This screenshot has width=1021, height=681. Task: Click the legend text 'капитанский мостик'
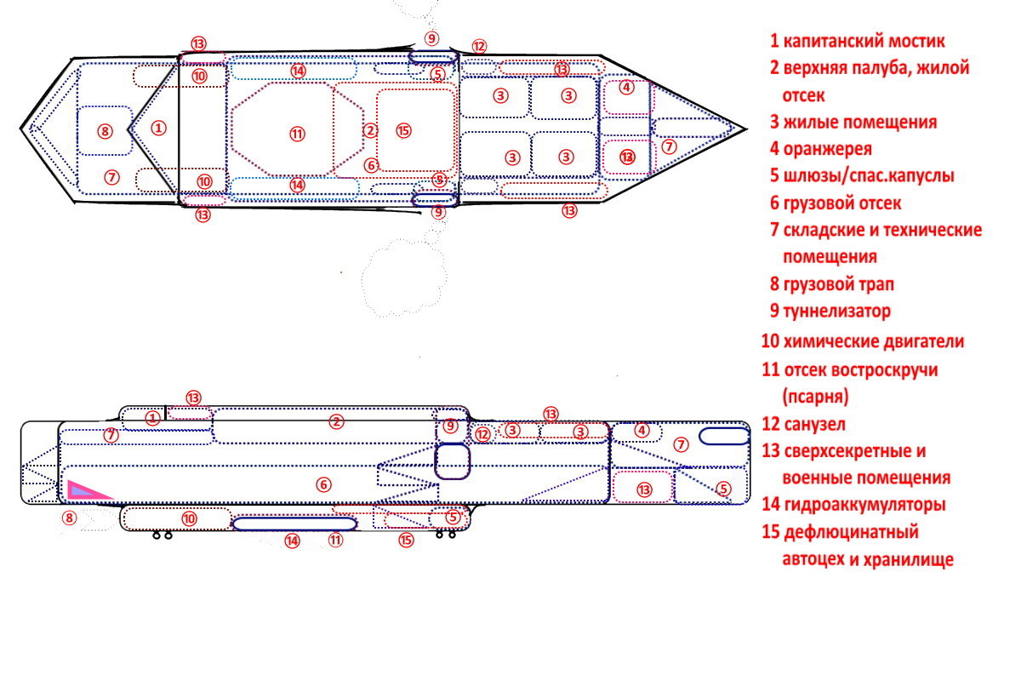click(x=863, y=41)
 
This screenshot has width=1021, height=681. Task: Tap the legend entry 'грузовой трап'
click(x=838, y=284)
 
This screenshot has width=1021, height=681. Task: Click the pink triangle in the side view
click(x=85, y=490)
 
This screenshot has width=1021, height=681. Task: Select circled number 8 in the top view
click(x=105, y=131)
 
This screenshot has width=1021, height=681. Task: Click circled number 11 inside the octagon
click(x=296, y=133)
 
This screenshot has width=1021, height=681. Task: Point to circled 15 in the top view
click(x=403, y=130)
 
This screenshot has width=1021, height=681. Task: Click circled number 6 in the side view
click(x=322, y=484)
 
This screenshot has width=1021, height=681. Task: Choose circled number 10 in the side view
click(x=189, y=518)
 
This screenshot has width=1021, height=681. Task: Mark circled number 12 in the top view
click(x=479, y=46)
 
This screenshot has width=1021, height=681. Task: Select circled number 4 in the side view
click(x=642, y=430)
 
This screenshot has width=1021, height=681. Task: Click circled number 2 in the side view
click(x=336, y=421)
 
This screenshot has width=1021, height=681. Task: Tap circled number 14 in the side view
click(x=293, y=540)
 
